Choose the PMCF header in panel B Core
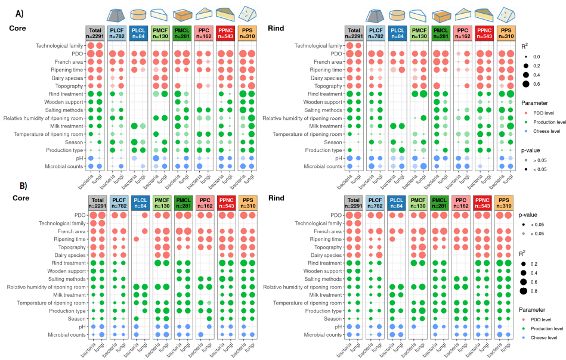pos(161,203)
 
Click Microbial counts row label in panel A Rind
pos(318,166)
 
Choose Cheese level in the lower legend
pos(545,337)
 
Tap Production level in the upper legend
pos(549,122)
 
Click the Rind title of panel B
pos(276,196)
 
